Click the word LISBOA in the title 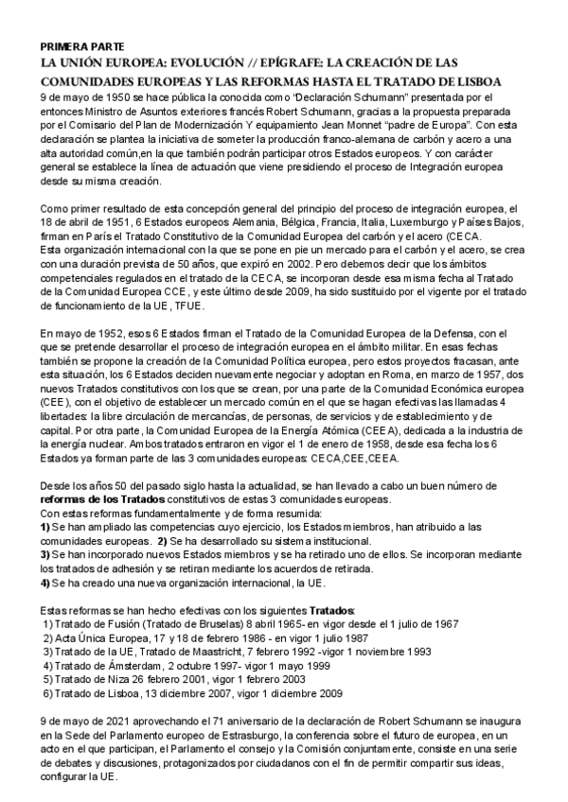point(470,81)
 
